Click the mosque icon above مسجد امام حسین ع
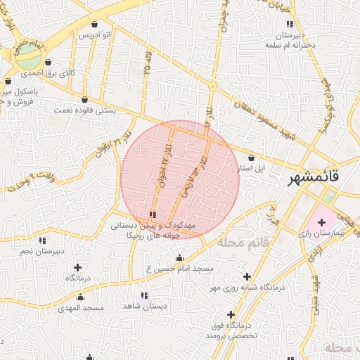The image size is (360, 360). click(x=179, y=257)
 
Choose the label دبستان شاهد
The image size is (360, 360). click(x=145, y=306)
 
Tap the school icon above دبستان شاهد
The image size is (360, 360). click(x=145, y=296)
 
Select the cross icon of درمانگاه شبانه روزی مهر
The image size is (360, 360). click(x=247, y=277)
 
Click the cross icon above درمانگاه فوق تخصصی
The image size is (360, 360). click(x=231, y=314)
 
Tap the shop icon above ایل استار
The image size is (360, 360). click(x=252, y=158)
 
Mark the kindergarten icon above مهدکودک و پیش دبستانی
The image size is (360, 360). click(x=153, y=214)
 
